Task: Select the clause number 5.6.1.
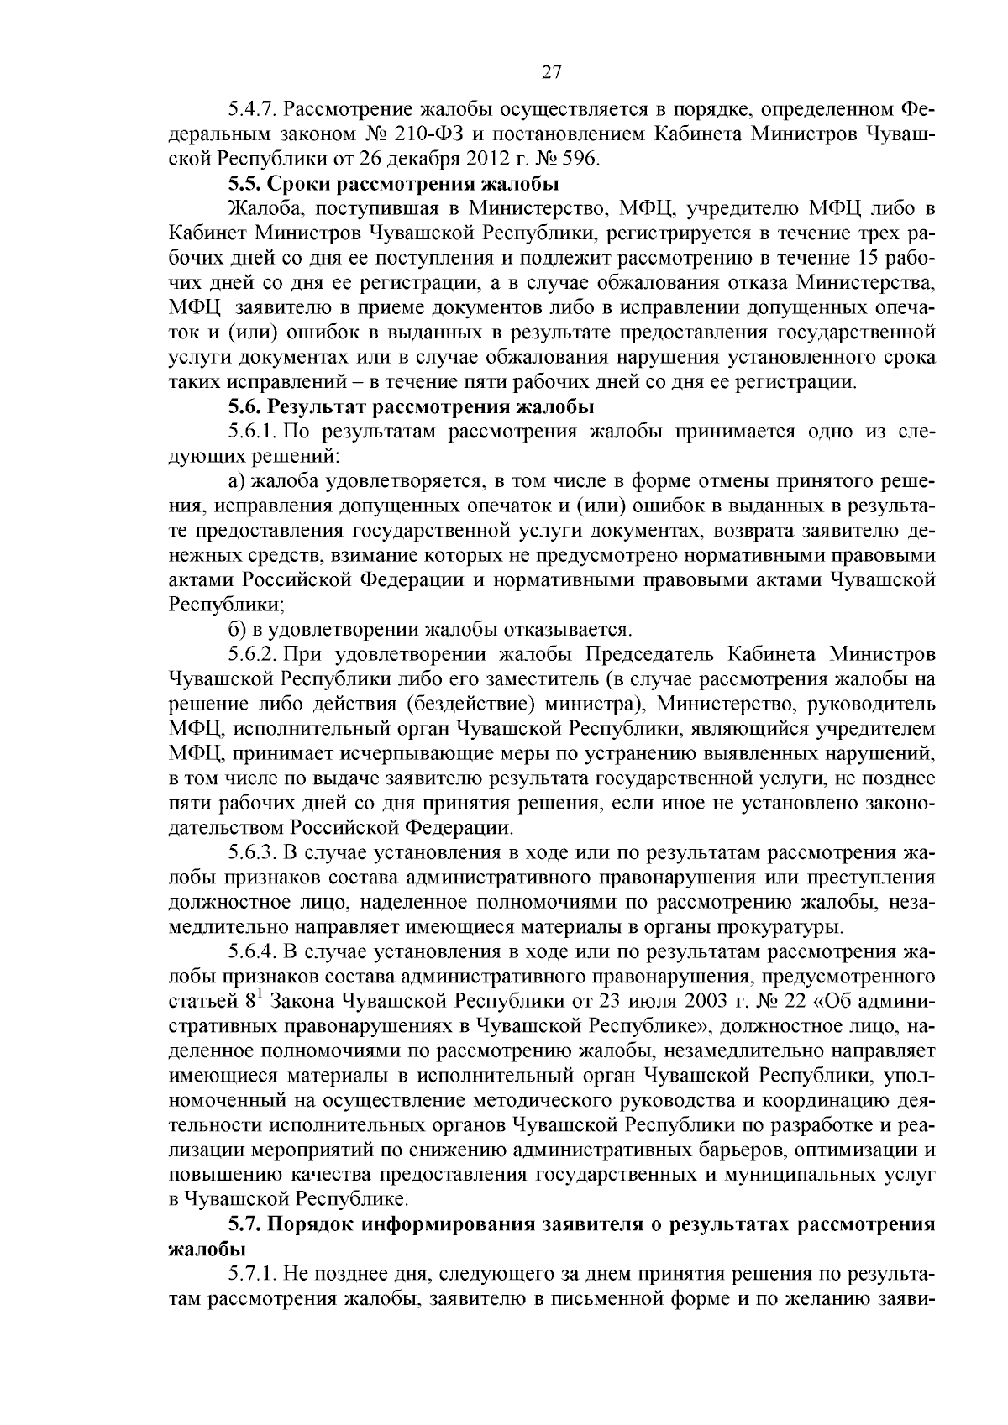253,432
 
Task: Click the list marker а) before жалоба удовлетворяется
237,482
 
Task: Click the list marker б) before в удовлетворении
237,630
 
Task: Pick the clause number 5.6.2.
253,654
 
